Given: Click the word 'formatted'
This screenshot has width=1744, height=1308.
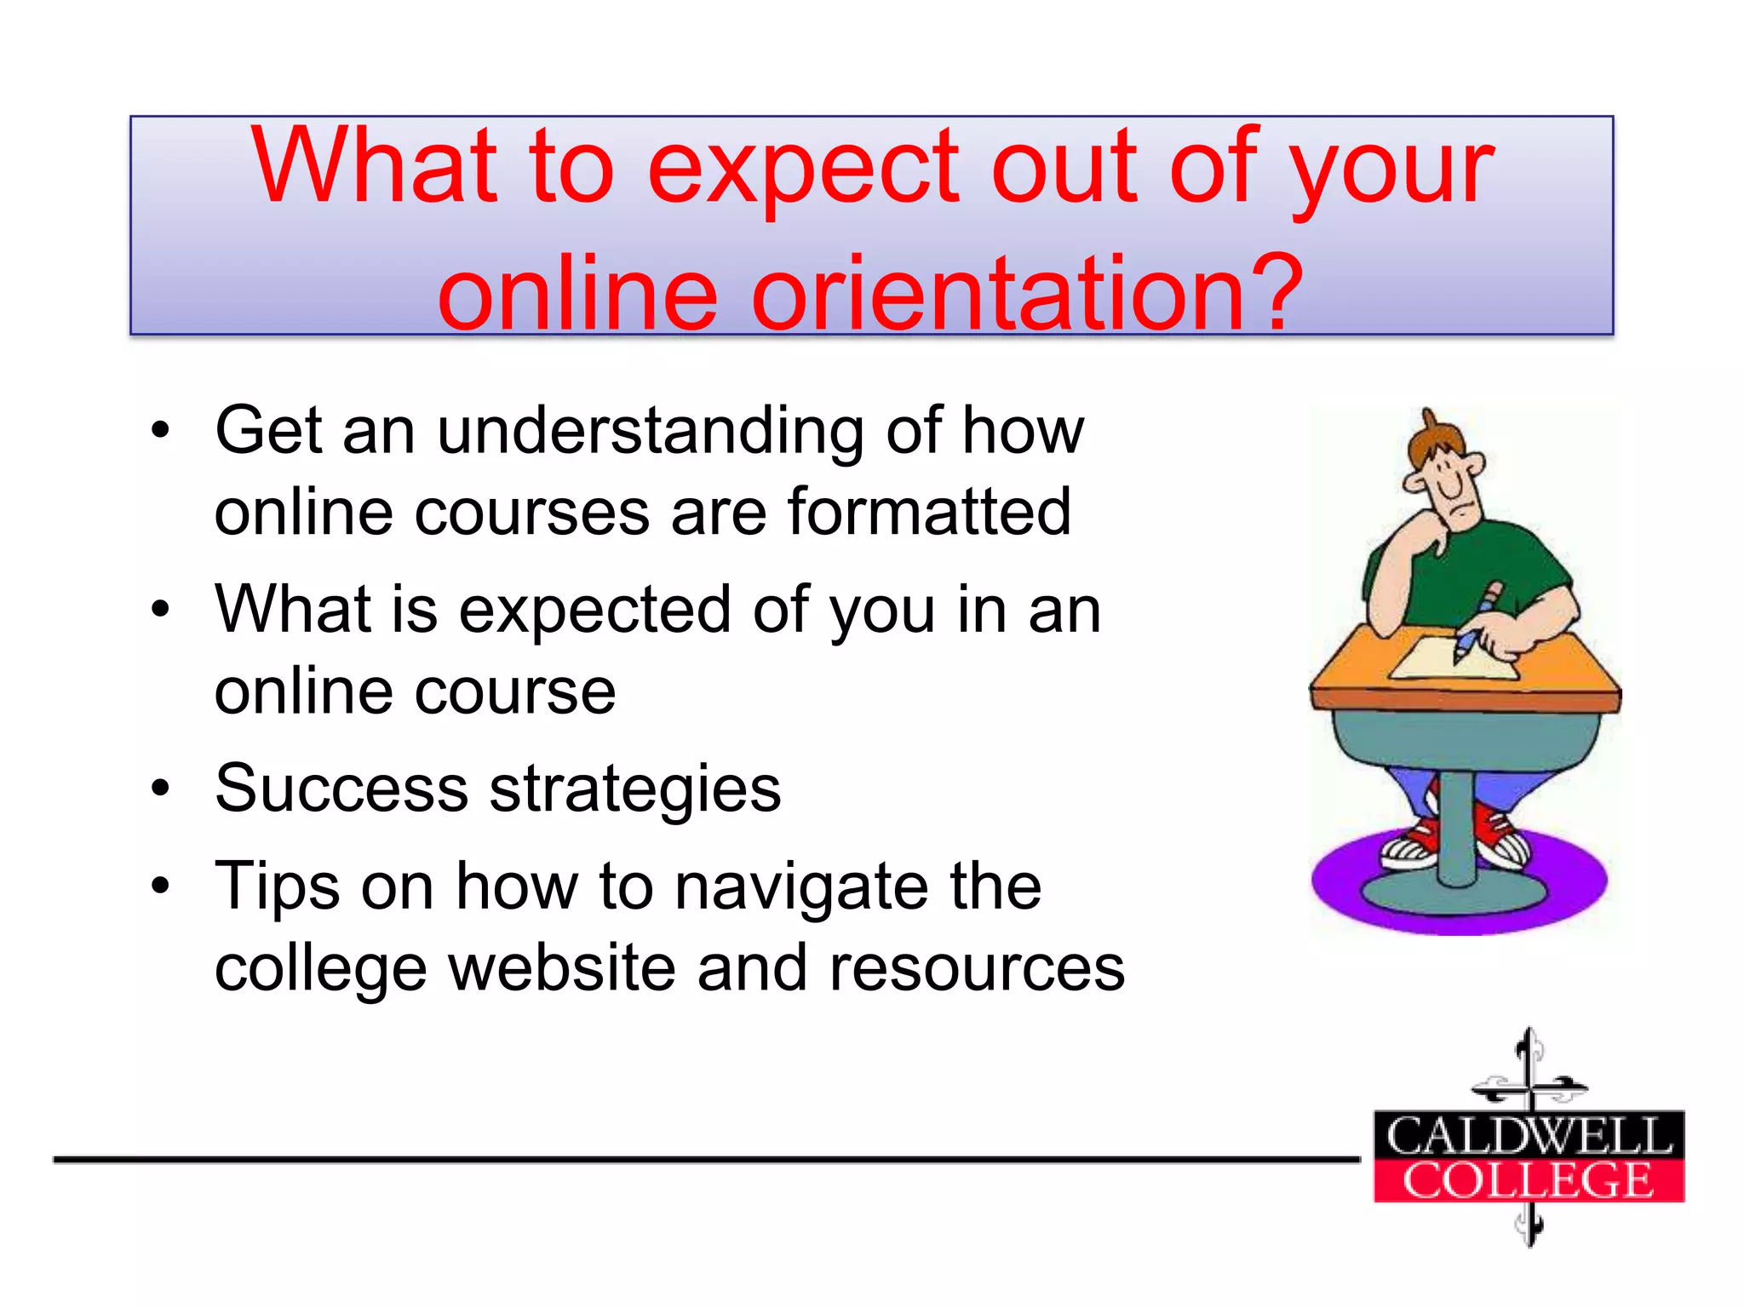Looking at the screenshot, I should pos(929,513).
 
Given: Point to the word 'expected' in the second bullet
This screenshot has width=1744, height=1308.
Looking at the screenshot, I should pos(594,611).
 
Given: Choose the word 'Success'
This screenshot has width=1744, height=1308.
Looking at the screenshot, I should pos(341,789).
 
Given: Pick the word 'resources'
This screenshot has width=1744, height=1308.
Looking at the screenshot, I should pos(976,968).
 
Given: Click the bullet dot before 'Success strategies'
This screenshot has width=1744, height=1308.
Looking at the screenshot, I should pos(160,789).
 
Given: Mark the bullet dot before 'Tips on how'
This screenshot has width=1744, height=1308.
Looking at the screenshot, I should pos(160,886).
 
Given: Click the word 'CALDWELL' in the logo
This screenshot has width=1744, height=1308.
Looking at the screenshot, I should pos(1529,1135).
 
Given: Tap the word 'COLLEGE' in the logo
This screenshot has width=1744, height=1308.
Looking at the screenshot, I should pos(1529,1180).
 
